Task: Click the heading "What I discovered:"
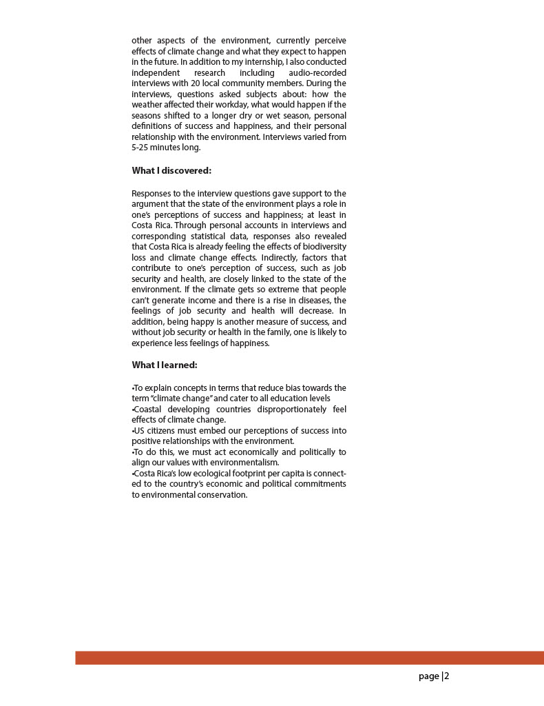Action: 171,171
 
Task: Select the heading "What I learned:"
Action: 165,365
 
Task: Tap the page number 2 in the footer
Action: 446,676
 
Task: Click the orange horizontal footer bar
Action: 309,658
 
